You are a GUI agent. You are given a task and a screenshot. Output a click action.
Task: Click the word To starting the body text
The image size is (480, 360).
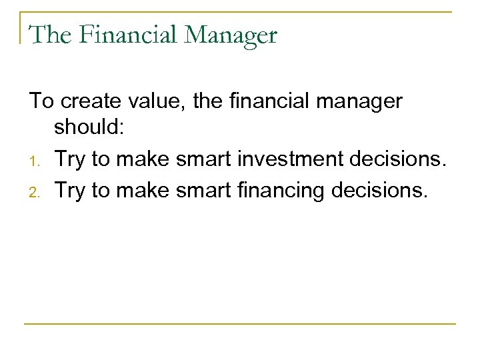pos(41,101)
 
